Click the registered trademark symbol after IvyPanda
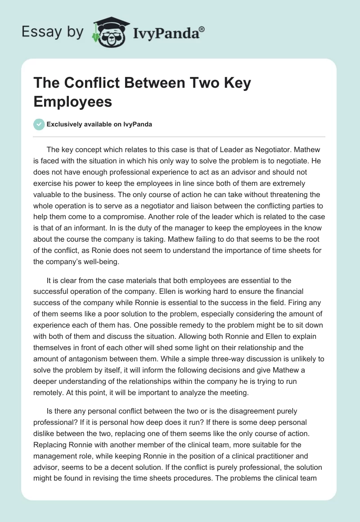[x=202, y=28]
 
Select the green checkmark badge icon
[x=39, y=124]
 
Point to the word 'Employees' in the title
[x=72, y=101]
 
